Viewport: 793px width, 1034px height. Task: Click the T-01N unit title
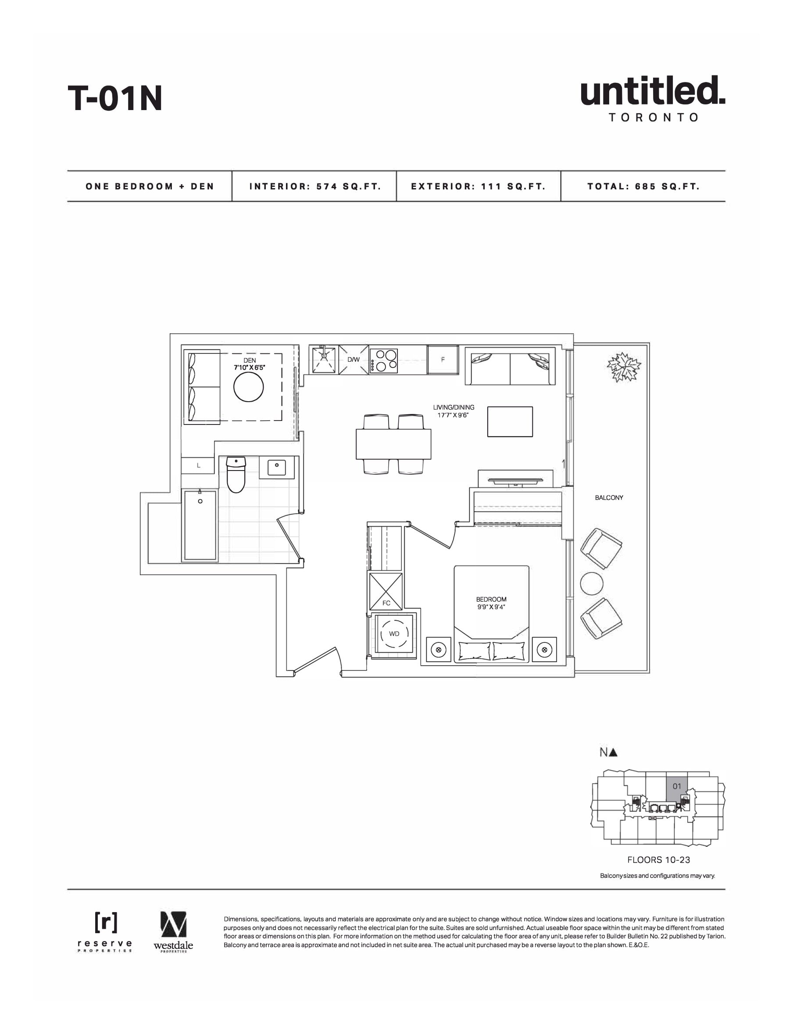(x=115, y=98)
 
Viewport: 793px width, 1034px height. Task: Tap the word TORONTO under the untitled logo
(x=653, y=118)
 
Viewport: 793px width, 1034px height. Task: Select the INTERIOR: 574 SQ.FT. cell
(x=315, y=186)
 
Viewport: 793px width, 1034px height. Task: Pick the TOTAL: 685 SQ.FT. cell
(x=643, y=186)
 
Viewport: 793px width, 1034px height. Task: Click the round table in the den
(x=248, y=387)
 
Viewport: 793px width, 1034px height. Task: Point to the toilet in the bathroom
(x=236, y=474)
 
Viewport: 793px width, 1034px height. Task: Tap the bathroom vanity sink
(x=277, y=467)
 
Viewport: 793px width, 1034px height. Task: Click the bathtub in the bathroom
(x=200, y=525)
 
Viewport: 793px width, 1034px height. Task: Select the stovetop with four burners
(x=384, y=361)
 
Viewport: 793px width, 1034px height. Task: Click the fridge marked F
(x=443, y=360)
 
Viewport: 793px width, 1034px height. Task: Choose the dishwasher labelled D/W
(x=354, y=360)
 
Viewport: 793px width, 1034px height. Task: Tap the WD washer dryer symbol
(x=394, y=634)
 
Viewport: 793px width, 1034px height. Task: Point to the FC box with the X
(x=386, y=592)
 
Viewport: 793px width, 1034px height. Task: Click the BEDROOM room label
(x=491, y=600)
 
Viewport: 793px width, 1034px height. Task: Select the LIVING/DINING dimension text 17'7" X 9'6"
(x=454, y=415)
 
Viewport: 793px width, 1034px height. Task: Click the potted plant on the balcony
(x=624, y=367)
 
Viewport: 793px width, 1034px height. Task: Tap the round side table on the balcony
(x=591, y=584)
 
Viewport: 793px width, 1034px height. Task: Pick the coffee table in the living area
(x=510, y=421)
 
